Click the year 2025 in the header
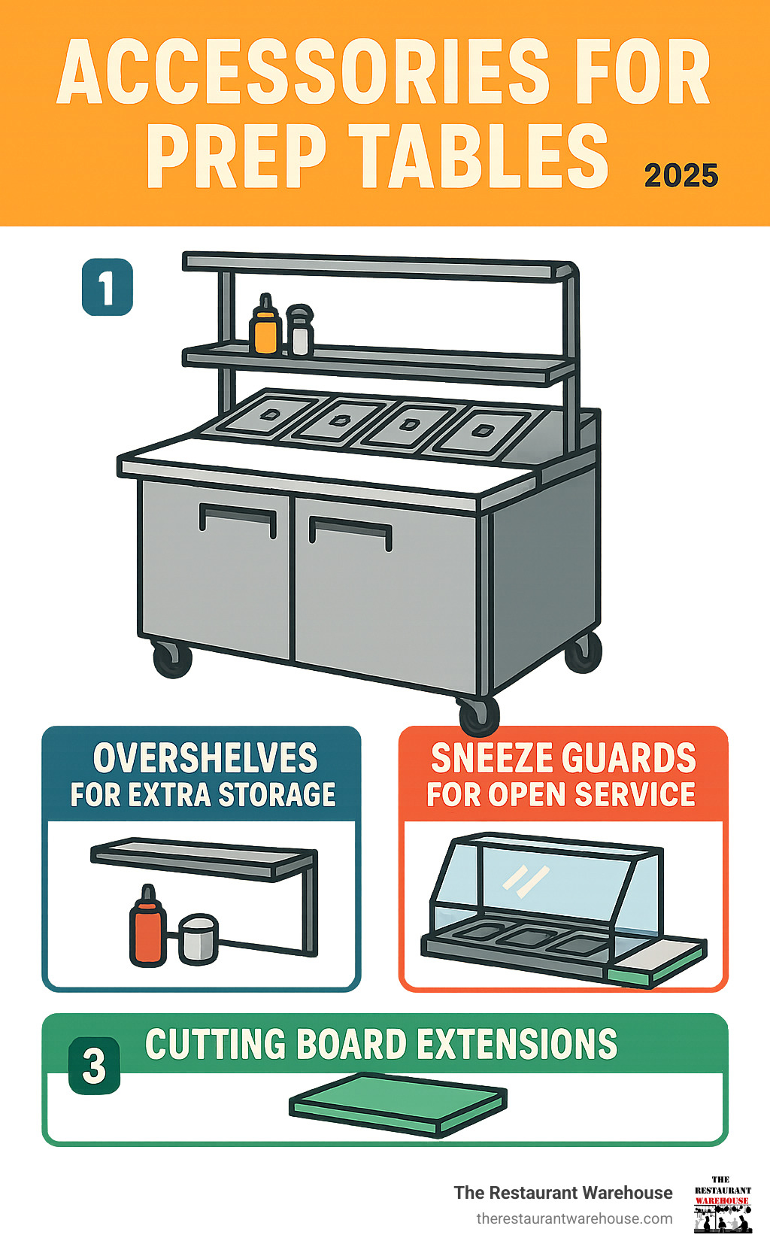click(x=681, y=175)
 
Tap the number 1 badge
click(x=108, y=287)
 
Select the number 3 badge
click(x=95, y=1066)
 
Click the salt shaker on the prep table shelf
click(x=299, y=331)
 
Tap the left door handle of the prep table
click(x=238, y=518)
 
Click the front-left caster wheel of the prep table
click(x=172, y=659)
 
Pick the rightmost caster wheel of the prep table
click(x=584, y=651)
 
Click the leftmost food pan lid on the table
click(x=268, y=414)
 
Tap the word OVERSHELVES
click(x=205, y=758)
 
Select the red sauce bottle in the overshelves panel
click(x=148, y=927)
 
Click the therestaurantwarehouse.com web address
click(x=574, y=1218)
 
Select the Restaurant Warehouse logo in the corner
click(x=723, y=1205)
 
